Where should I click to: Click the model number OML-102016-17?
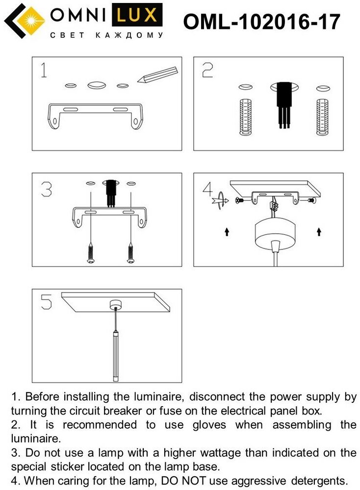tap(261, 22)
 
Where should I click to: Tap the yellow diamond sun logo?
tap(30, 21)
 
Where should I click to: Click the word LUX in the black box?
tap(137, 15)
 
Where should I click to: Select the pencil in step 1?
tap(157, 74)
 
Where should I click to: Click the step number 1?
tap(44, 70)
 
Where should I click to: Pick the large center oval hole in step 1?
tap(97, 85)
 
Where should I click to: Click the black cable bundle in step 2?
tap(284, 105)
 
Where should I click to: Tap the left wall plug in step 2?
tap(246, 117)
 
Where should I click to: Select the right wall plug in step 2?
tap(322, 117)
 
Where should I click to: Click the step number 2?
tap(207, 70)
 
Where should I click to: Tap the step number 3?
tap(47, 189)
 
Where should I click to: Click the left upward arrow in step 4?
tap(227, 232)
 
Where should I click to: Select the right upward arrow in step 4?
tap(319, 232)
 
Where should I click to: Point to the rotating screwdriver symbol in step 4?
tap(220, 200)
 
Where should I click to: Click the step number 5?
tap(46, 302)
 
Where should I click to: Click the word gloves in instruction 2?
tap(209, 425)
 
